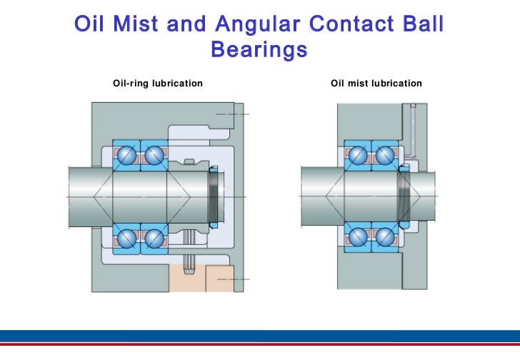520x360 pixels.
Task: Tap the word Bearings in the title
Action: point(259,51)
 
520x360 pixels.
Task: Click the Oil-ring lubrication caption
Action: point(158,84)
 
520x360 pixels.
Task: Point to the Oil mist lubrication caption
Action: point(376,84)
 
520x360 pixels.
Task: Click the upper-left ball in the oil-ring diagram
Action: point(129,154)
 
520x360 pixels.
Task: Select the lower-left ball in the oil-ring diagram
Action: point(129,236)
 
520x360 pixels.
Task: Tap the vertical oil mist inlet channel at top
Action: point(413,129)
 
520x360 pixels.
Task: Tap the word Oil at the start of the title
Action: point(89,25)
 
